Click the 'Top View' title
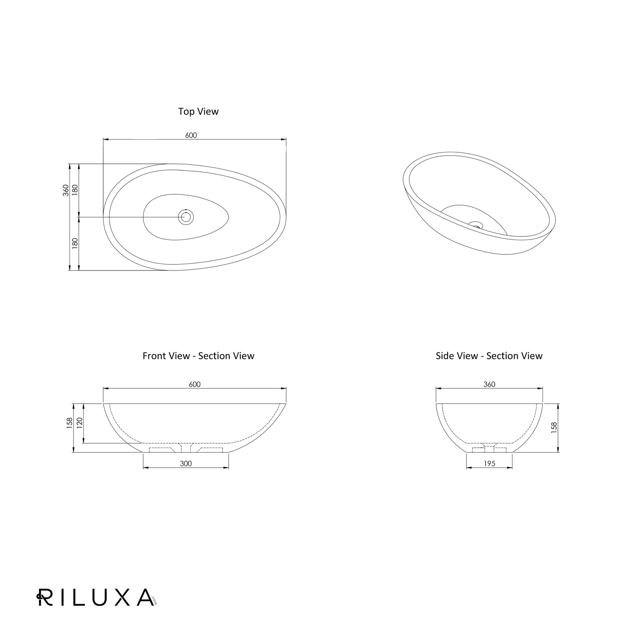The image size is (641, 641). point(198,112)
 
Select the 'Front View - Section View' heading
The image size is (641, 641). point(198,356)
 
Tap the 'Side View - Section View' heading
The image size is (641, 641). point(489,356)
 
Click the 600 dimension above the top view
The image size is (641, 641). point(191,135)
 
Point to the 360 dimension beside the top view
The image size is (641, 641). point(66,190)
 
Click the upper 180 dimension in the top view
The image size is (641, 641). point(75,190)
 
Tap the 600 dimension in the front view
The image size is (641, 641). point(195,384)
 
